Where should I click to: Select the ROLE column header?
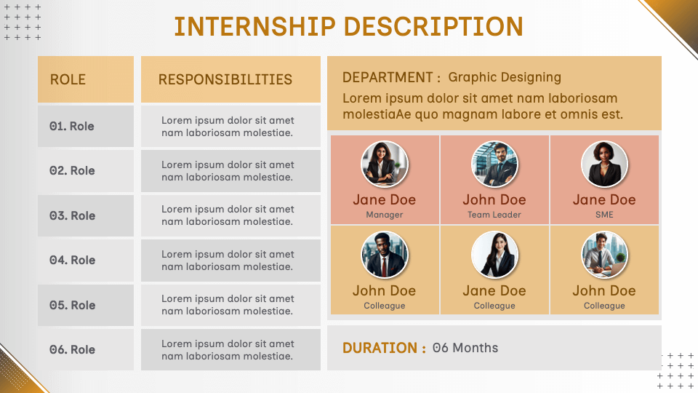tap(68, 79)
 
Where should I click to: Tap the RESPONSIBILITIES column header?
tap(225, 79)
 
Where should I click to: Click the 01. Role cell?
tap(72, 126)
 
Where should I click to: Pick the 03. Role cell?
tap(72, 215)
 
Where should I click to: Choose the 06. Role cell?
tap(72, 349)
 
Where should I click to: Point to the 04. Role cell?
tap(72, 260)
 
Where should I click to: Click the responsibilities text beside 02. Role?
tap(228, 171)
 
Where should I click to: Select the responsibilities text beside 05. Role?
tap(228, 305)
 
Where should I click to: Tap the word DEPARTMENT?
tap(388, 77)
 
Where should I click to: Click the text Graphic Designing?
tap(505, 77)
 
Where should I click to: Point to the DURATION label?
tap(384, 348)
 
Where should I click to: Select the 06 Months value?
tap(465, 348)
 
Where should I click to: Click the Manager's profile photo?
tap(385, 164)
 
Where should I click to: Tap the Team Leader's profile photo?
tap(494, 164)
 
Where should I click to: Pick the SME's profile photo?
tap(604, 164)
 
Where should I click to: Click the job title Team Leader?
tap(494, 215)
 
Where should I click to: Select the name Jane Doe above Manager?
tap(385, 199)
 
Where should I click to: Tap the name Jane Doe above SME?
tap(604, 199)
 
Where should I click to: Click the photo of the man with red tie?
tap(385, 255)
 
